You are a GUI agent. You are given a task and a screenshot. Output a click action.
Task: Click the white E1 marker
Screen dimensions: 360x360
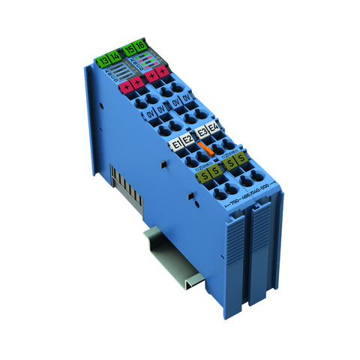pyautogui.click(x=178, y=143)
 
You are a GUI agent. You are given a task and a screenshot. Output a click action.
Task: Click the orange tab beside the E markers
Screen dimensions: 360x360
pyautogui.click(x=211, y=151)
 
